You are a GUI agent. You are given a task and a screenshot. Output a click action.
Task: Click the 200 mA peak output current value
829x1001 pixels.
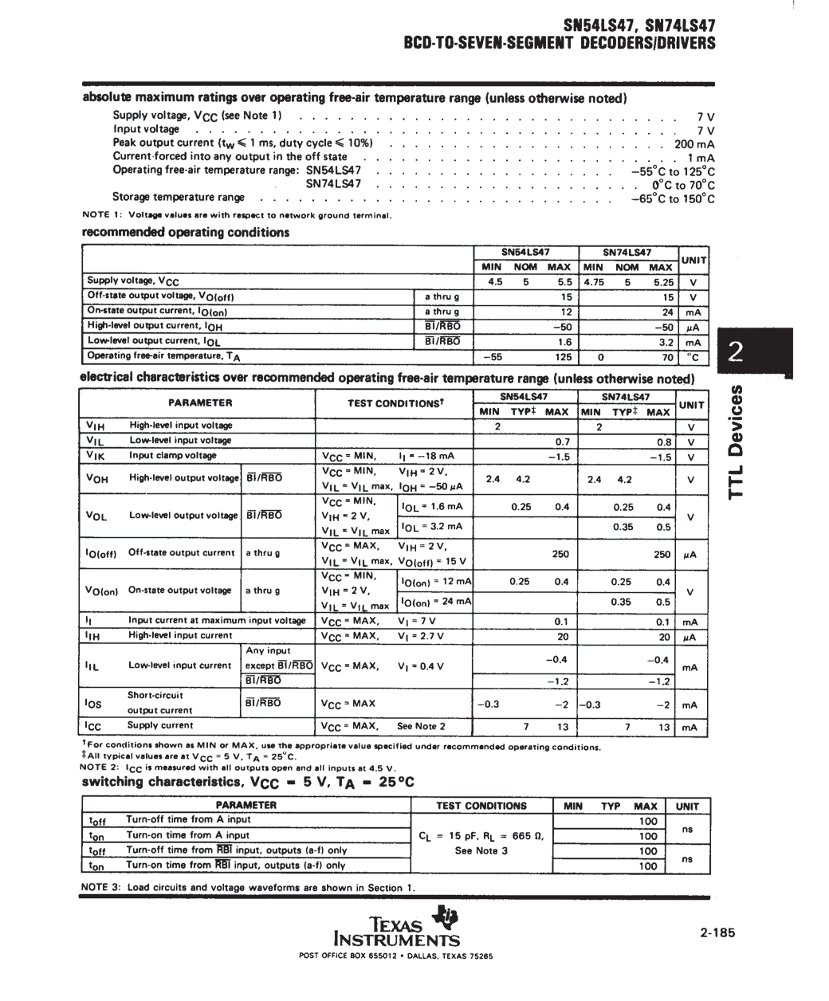click(693, 144)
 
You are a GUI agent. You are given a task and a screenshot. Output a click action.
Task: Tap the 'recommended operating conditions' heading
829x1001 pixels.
click(186, 233)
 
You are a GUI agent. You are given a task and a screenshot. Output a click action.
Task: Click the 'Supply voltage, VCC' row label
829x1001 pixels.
click(133, 281)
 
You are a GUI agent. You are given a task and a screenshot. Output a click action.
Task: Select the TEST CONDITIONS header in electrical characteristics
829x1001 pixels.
click(395, 403)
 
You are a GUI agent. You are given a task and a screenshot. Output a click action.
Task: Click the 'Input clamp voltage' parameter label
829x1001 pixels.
click(172, 456)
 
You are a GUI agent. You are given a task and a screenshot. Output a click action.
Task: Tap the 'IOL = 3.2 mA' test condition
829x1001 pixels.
click(432, 527)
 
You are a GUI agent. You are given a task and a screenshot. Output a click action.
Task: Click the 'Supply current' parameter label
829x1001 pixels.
click(160, 725)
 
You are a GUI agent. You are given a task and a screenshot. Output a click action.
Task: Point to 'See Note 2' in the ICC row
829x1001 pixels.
click(421, 726)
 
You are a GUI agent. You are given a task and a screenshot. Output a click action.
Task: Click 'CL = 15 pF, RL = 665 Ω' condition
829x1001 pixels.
click(481, 836)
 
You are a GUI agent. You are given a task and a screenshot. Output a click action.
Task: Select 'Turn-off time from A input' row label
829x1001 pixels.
click(188, 819)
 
